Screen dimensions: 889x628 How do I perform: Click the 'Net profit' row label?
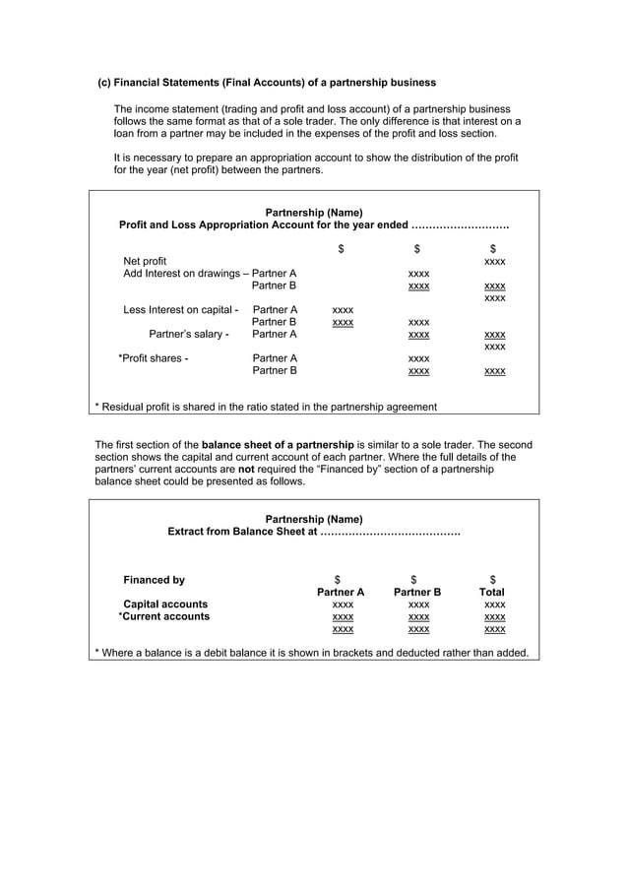[145, 261]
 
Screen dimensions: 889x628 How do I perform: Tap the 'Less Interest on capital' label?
[180, 310]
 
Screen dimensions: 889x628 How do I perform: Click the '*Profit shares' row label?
[153, 358]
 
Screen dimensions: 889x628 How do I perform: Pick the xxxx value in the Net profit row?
[494, 262]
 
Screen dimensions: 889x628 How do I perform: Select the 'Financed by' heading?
[153, 580]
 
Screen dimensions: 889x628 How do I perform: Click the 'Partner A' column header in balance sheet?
[341, 593]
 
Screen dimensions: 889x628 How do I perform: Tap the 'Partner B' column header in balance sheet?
[417, 593]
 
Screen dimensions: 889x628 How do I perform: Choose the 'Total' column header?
[492, 593]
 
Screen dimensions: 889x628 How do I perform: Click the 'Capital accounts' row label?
[164, 604]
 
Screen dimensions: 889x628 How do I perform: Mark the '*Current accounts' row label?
[163, 617]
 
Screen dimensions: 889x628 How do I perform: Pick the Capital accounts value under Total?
[494, 605]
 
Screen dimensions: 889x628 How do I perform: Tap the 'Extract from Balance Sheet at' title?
[243, 532]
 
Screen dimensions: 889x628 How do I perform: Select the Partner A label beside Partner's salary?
[275, 335]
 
